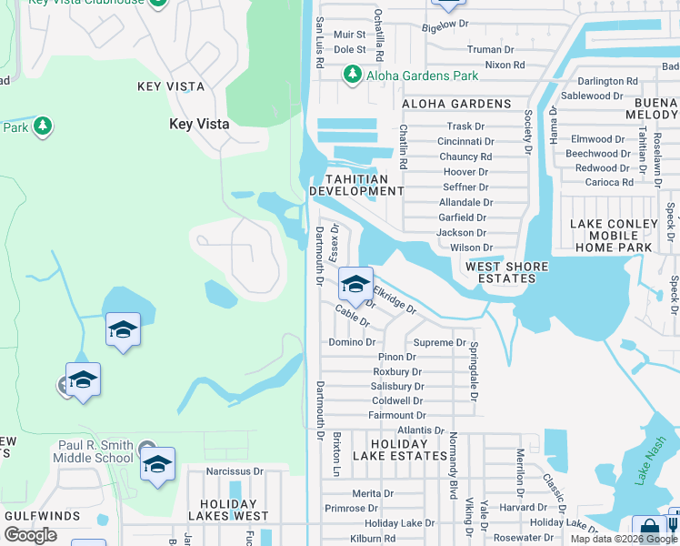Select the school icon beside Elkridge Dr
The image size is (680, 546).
click(x=355, y=284)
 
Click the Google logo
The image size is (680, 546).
click(x=30, y=535)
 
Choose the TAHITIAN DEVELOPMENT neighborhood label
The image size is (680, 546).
click(x=356, y=185)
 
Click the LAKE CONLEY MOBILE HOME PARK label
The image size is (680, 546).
click(x=613, y=235)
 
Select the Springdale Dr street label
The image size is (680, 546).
click(x=474, y=370)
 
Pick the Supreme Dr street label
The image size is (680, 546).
click(x=440, y=343)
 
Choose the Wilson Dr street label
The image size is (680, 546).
click(x=471, y=248)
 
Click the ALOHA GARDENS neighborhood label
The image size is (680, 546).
click(x=456, y=104)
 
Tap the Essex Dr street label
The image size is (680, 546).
click(x=335, y=238)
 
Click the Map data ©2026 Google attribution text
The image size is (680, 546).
click(x=623, y=539)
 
